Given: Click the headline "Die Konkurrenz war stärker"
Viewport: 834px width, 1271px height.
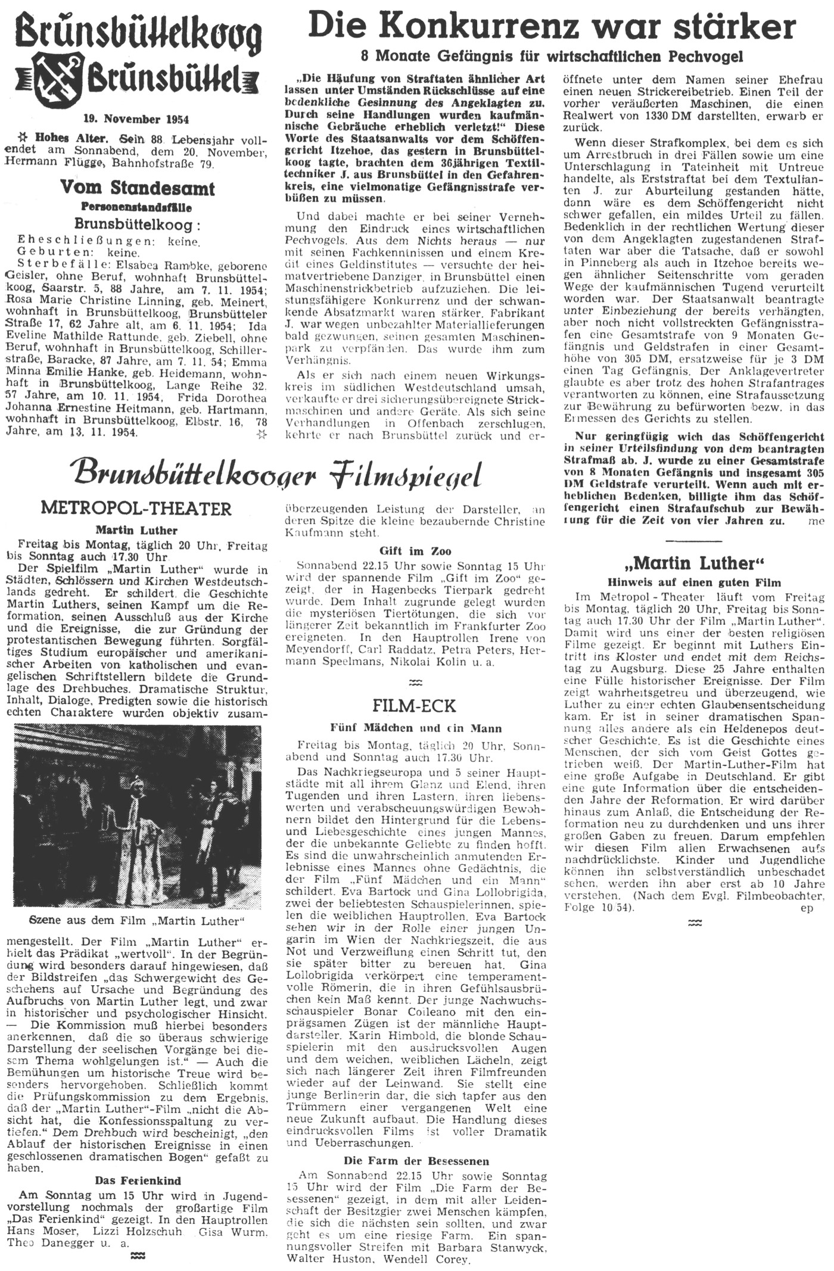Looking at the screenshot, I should [x=552, y=27].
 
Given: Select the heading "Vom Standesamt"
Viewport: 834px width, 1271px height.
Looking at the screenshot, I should [x=138, y=189].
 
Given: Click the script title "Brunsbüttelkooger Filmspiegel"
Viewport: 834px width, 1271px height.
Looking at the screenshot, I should [x=277, y=475].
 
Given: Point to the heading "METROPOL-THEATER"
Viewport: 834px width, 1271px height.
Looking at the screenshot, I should [x=136, y=509].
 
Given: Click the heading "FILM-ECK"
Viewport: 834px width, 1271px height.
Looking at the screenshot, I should [x=414, y=706].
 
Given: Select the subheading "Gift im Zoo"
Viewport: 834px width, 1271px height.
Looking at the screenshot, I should [x=415, y=551].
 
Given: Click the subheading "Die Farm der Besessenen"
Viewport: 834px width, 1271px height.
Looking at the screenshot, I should [x=416, y=1161].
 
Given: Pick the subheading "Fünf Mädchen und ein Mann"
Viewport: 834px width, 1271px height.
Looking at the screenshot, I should [x=416, y=728].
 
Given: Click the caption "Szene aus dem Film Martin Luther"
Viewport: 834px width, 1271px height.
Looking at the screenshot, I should [x=138, y=920].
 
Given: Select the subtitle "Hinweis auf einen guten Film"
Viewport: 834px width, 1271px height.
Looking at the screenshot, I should [x=694, y=582].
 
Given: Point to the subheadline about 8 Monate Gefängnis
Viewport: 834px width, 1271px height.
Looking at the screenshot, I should [x=552, y=57].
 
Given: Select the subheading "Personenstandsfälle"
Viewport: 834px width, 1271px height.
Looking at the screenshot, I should [x=138, y=208].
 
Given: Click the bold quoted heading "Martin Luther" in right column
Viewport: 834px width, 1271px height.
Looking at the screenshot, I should [x=694, y=562].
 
